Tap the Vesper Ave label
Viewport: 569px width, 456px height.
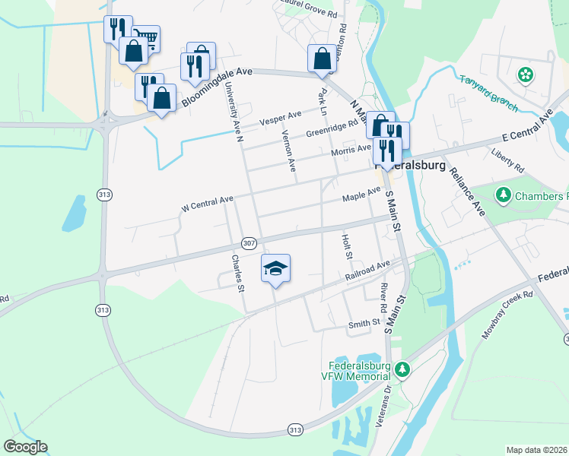click(281, 118)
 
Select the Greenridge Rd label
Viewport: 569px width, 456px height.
click(332, 126)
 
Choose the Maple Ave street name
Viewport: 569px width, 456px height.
click(361, 195)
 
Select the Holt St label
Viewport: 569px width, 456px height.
click(348, 246)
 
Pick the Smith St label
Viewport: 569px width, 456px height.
click(364, 324)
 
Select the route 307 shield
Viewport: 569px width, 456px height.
click(249, 243)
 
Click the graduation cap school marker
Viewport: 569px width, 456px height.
click(276, 268)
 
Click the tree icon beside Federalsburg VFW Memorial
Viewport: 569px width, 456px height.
click(402, 370)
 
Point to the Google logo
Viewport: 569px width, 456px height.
click(25, 447)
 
